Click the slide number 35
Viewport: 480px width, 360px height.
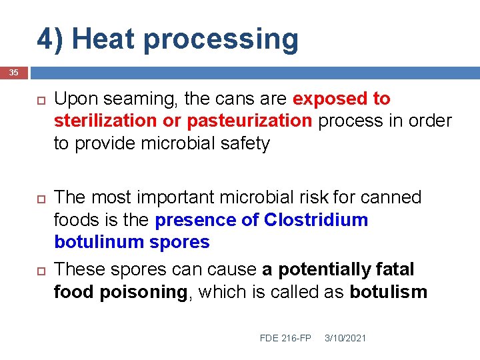tap(14, 72)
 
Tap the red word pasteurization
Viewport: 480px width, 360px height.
tap(249, 121)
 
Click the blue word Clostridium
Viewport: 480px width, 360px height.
tap(316, 220)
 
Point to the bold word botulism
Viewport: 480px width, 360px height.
tap(388, 292)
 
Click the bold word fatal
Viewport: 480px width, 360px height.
tap(395, 269)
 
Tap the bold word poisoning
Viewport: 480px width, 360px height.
tap(143, 292)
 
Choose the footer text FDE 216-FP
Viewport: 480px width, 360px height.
tap(285, 338)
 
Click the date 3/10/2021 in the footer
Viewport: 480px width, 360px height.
tap(345, 338)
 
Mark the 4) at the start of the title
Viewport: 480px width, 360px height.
tap(50, 39)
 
